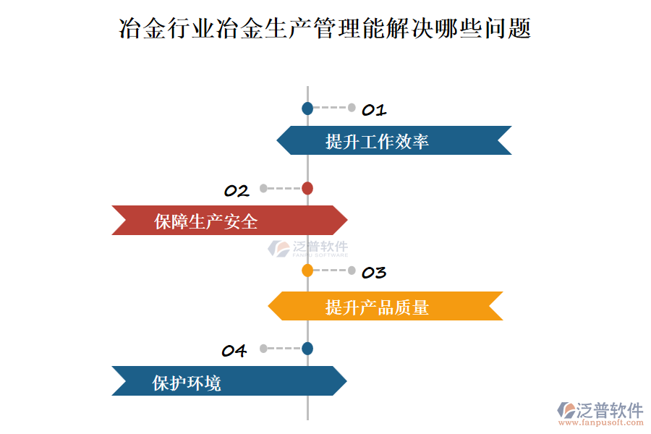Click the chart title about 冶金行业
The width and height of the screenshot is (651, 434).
pyautogui.click(x=325, y=29)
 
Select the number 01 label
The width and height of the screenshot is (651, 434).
pyautogui.click(x=374, y=110)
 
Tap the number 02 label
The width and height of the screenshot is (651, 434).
pyautogui.click(x=237, y=191)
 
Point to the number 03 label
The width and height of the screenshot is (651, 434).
pyautogui.click(x=374, y=273)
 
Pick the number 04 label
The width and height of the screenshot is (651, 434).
pyautogui.click(x=234, y=351)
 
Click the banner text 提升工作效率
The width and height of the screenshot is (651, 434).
pyautogui.click(x=377, y=141)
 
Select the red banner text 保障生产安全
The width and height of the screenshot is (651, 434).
pyautogui.click(x=206, y=221)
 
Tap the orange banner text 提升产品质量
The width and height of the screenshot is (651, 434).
pyautogui.click(x=377, y=307)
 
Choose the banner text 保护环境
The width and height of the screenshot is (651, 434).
pyautogui.click(x=187, y=383)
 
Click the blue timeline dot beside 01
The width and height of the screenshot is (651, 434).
pyautogui.click(x=307, y=109)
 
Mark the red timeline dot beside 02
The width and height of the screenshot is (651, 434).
pyautogui.click(x=307, y=189)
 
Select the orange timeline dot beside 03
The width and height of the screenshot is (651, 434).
pyautogui.click(x=307, y=271)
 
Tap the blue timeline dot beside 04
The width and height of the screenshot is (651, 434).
pyautogui.click(x=307, y=349)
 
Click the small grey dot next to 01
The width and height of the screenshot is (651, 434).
pyautogui.click(x=352, y=109)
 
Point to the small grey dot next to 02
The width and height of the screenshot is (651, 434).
pyautogui.click(x=263, y=189)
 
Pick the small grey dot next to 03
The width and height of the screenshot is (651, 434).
pyautogui.click(x=352, y=271)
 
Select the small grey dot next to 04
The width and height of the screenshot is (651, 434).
pyautogui.click(x=263, y=349)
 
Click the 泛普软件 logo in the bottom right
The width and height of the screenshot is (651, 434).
pyautogui.click(x=600, y=410)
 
